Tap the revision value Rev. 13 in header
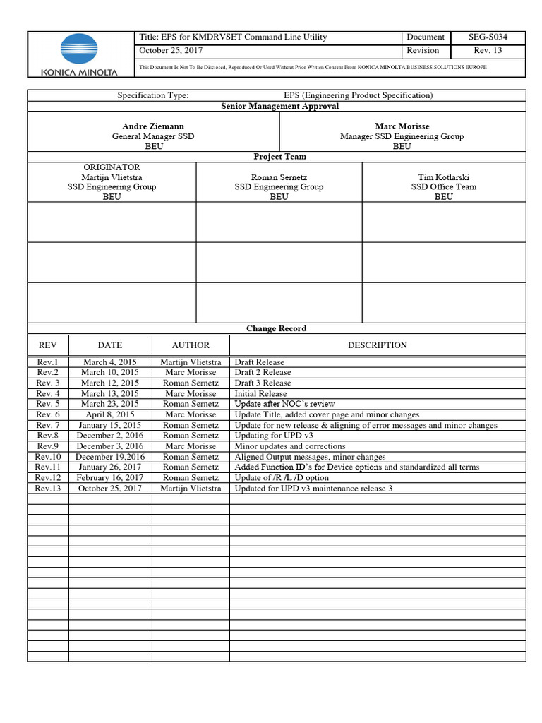[488, 50]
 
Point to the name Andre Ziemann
[153, 126]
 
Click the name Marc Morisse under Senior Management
[402, 126]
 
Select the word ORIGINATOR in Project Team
[112, 167]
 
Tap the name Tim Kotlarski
[443, 177]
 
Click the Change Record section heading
[276, 328]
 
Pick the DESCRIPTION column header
[377, 345]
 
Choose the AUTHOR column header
[191, 345]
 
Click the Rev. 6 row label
[48, 414]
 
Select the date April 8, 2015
[109, 414]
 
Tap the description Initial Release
[260, 393]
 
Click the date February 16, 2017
[109, 478]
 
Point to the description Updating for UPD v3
[272, 436]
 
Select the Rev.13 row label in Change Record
[48, 489]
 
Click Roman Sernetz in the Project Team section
[279, 177]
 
